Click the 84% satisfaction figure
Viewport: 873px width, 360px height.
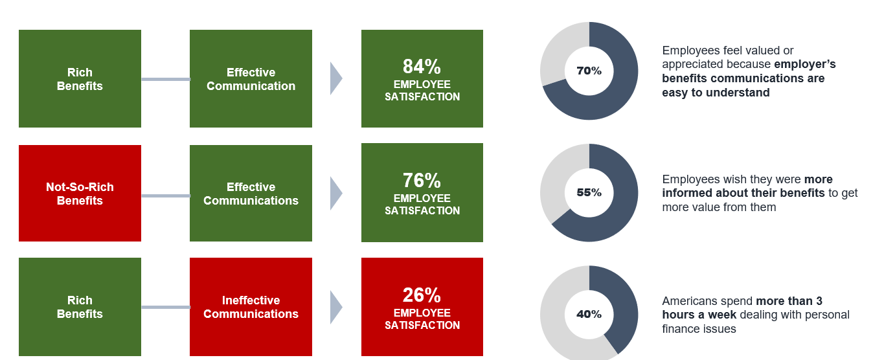(x=422, y=67)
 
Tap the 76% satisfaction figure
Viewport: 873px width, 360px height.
(x=422, y=181)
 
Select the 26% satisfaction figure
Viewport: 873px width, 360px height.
(x=422, y=295)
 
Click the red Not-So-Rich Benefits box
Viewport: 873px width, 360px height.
(x=80, y=194)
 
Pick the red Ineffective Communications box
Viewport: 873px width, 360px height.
(x=251, y=307)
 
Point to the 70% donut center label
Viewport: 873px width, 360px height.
(x=589, y=71)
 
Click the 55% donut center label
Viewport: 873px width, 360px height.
(x=589, y=192)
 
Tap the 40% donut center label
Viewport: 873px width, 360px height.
(x=589, y=314)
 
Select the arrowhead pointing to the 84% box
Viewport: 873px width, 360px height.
(x=335, y=79)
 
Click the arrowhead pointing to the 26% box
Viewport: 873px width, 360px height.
(x=335, y=307)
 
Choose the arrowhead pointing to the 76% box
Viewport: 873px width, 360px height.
(x=335, y=194)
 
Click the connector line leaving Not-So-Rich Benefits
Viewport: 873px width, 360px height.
(x=165, y=196)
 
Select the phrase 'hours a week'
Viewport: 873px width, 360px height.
(x=699, y=315)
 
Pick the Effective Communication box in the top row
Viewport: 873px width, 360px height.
(x=251, y=79)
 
